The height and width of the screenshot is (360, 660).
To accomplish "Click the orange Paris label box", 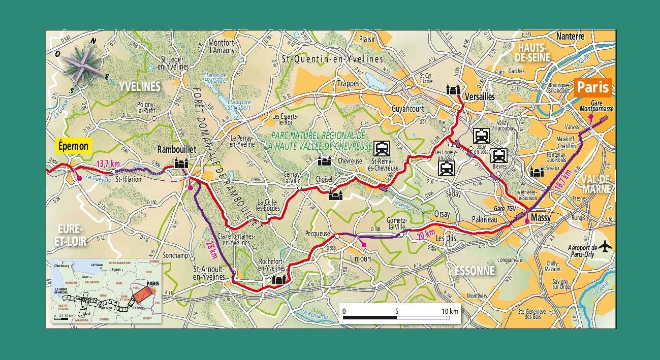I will point(592,87).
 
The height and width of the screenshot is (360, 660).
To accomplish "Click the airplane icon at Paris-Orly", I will point(604,246).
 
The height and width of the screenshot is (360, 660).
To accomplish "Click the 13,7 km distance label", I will point(108,164).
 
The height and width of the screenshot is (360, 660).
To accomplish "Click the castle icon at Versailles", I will point(453,89).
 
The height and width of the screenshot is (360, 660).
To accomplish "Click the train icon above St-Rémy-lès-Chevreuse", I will point(381,148).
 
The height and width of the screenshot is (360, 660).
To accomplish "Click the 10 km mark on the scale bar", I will point(450,310).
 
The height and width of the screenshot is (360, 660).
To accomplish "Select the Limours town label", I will point(361,258).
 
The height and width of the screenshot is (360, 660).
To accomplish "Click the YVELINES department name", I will point(140,87).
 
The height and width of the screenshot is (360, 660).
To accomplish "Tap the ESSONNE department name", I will point(475,271).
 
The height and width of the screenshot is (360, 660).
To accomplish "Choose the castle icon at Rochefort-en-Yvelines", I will point(278,279).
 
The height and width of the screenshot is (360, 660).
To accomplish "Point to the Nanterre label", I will point(570,37).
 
